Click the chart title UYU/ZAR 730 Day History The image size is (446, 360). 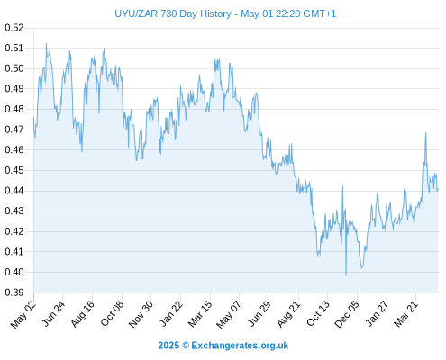pyautogui.click(x=173, y=13)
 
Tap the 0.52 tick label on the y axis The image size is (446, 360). pyautogui.click(x=14, y=28)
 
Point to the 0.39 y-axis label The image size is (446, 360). pyautogui.click(x=14, y=292)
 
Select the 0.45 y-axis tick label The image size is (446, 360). pyautogui.click(x=14, y=170)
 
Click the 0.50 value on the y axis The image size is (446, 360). pyautogui.click(x=14, y=68)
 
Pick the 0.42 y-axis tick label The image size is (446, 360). pyautogui.click(x=14, y=231)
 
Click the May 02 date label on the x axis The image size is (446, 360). pyautogui.click(x=23, y=314)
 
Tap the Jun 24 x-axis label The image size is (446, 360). pyautogui.click(x=53, y=314)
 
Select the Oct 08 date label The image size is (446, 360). pyautogui.click(x=113, y=314)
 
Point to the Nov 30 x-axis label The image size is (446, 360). pyautogui.click(x=141, y=314)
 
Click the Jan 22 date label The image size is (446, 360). pyautogui.click(x=171, y=314)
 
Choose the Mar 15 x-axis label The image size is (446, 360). pyautogui.click(x=200, y=314)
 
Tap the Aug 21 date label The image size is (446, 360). pyautogui.click(x=288, y=314)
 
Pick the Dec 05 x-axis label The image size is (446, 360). pyautogui.click(x=347, y=314)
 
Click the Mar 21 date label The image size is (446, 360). pyautogui.click(x=406, y=314)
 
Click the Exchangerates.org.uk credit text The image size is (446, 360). pyautogui.click(x=240, y=346)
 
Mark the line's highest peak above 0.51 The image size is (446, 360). pyautogui.click(x=46, y=43)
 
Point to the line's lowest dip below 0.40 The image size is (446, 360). pyautogui.click(x=346, y=274)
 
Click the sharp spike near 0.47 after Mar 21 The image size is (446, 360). pyautogui.click(x=425, y=133)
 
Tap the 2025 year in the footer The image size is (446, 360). pyautogui.click(x=168, y=346)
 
